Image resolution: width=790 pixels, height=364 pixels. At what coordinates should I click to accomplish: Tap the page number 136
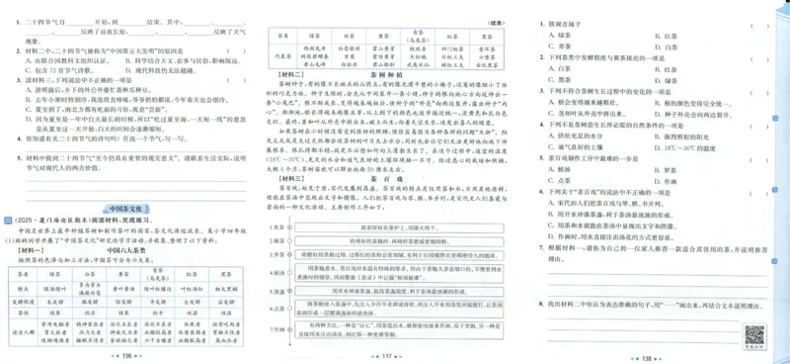(x=126, y=353)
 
